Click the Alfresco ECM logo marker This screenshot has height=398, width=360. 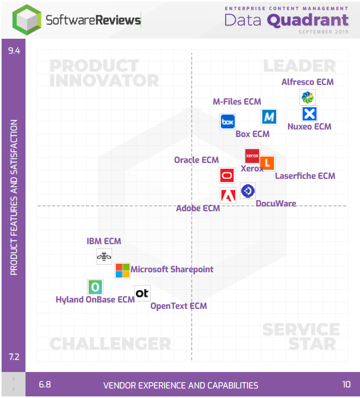307,97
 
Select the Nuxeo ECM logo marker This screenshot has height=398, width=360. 309,114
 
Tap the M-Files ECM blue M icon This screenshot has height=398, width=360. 269,117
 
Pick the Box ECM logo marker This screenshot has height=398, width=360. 227,122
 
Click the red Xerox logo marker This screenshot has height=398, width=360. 252,155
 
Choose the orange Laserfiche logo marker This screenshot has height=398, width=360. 267,163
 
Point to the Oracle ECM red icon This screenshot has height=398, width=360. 227,175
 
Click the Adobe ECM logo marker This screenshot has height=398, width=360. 228,195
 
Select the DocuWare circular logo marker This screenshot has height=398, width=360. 248,191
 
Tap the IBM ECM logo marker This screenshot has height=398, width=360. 104,257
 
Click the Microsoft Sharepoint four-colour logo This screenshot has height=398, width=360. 122,271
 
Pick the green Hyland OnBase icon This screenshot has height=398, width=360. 95,287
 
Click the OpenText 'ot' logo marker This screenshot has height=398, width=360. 142,293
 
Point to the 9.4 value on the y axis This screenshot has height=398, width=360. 13,51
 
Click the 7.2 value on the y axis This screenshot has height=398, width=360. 13,356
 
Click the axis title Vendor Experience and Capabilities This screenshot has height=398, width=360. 181,386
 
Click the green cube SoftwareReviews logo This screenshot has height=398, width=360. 27,20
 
